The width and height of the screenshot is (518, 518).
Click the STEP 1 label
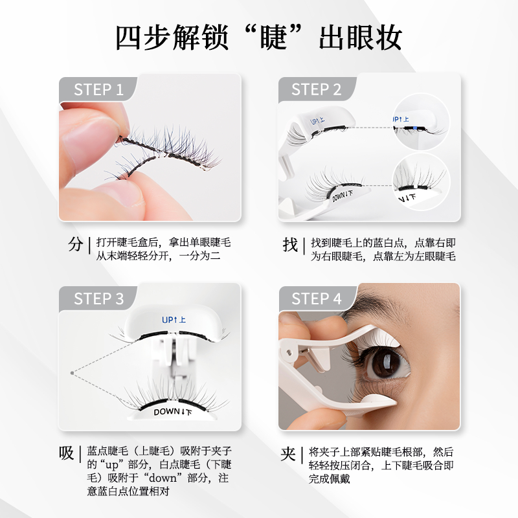coord(98,89)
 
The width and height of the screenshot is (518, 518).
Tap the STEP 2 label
coord(316,89)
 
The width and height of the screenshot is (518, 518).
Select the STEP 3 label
coord(98,298)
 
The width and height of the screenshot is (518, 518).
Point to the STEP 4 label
coord(316,298)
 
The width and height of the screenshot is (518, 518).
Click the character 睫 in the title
coord(273,37)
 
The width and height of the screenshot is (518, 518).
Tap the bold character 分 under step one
coord(76,245)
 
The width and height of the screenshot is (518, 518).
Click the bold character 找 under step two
coord(290,245)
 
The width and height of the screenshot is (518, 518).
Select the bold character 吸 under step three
coord(67,453)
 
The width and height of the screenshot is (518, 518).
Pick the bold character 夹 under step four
coord(287,454)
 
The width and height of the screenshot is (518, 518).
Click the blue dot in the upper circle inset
coord(415,128)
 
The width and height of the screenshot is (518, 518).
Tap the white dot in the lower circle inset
coord(415,187)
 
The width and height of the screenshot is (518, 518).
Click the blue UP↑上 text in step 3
coord(174,320)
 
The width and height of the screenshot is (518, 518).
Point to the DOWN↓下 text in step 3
coord(172,412)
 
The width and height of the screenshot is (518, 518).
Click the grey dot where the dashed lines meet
coord(72,373)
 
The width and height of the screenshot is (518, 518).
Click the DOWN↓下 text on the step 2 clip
coord(343,196)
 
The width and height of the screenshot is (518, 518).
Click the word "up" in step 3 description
coord(111,465)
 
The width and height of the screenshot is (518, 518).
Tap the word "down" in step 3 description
coord(163,478)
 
